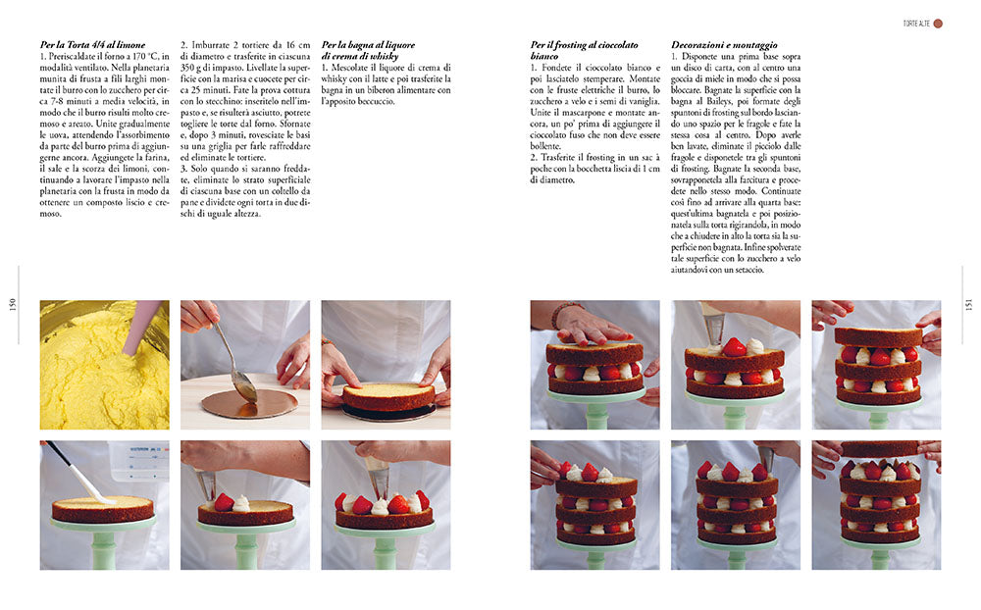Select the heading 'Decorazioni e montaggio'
click(724, 45)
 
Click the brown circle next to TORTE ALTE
click(938, 23)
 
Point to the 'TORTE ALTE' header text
click(914, 23)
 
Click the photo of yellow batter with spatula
click(104, 365)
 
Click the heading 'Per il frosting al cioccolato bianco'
click(584, 50)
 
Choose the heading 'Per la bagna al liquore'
click(369, 45)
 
